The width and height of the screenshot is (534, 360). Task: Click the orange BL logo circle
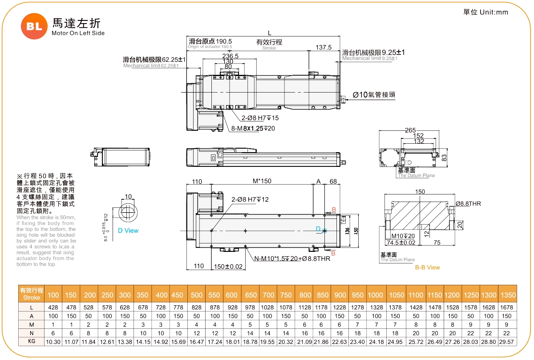(x=34, y=26)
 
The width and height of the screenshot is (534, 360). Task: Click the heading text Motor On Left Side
(x=78, y=33)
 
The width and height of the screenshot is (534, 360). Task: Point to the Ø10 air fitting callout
(x=374, y=94)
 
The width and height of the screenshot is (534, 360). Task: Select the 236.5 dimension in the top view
(x=231, y=56)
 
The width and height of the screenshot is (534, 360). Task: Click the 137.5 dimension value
(x=324, y=48)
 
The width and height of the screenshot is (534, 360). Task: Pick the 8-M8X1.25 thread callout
(x=253, y=129)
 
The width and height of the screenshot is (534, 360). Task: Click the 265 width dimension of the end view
(x=410, y=130)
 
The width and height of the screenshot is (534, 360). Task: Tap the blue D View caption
(x=128, y=231)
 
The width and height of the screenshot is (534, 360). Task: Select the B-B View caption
(x=427, y=267)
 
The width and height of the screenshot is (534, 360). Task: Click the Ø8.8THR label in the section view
(x=468, y=204)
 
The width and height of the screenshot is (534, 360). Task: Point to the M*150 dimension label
(x=262, y=181)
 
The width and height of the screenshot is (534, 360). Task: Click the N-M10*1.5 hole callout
(x=292, y=259)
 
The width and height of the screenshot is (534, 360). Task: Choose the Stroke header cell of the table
(x=31, y=294)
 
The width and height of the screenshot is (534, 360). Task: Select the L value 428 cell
(x=53, y=307)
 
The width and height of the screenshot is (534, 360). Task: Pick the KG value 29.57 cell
(x=508, y=342)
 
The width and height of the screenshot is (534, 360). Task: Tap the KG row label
(x=31, y=342)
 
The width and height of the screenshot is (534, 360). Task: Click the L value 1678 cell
(x=508, y=307)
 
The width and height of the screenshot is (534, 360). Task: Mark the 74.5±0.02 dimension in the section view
(x=401, y=243)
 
